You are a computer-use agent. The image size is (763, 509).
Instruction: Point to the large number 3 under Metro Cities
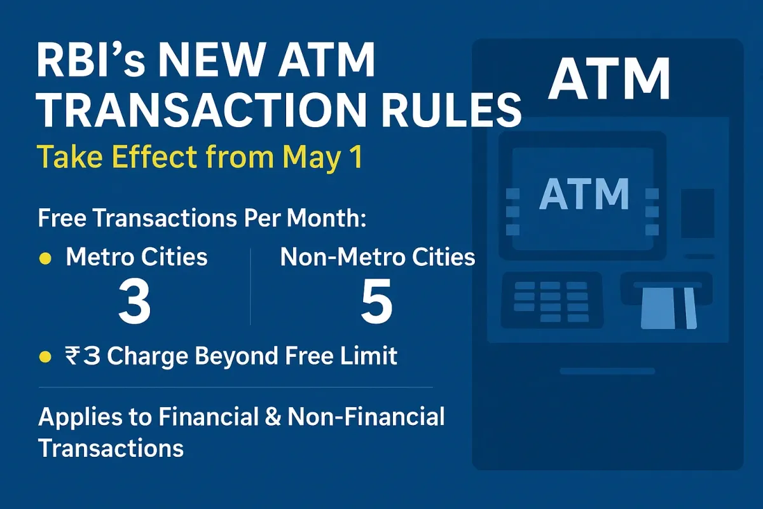(x=135, y=301)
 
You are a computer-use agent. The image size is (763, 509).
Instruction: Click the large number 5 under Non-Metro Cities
(x=376, y=301)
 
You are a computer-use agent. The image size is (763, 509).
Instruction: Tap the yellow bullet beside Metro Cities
(x=45, y=258)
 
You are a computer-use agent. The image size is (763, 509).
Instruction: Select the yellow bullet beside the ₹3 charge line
(x=45, y=358)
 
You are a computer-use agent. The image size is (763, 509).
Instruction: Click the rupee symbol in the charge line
(x=72, y=356)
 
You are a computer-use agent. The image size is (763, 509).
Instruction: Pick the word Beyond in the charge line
(x=236, y=356)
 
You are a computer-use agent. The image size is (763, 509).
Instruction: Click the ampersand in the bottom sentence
(x=272, y=417)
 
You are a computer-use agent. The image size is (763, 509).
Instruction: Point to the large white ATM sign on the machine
(x=609, y=78)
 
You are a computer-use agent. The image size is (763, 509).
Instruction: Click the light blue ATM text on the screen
(x=584, y=194)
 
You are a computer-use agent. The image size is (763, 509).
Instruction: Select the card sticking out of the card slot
(x=668, y=308)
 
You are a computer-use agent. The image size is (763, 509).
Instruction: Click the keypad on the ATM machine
(x=552, y=300)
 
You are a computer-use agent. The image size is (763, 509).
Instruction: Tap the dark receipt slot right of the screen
(x=698, y=213)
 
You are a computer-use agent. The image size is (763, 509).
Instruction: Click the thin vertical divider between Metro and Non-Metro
(x=251, y=286)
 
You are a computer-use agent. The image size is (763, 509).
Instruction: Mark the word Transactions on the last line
(x=111, y=448)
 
